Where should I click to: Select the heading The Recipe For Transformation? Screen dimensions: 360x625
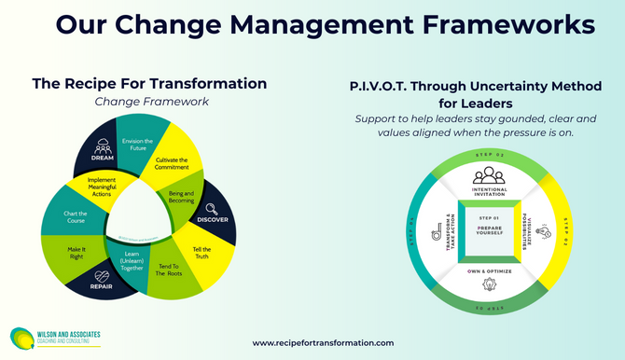click(149, 83)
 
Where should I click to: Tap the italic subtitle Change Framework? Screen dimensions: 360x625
click(149, 102)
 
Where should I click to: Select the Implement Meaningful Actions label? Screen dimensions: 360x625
click(113, 187)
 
